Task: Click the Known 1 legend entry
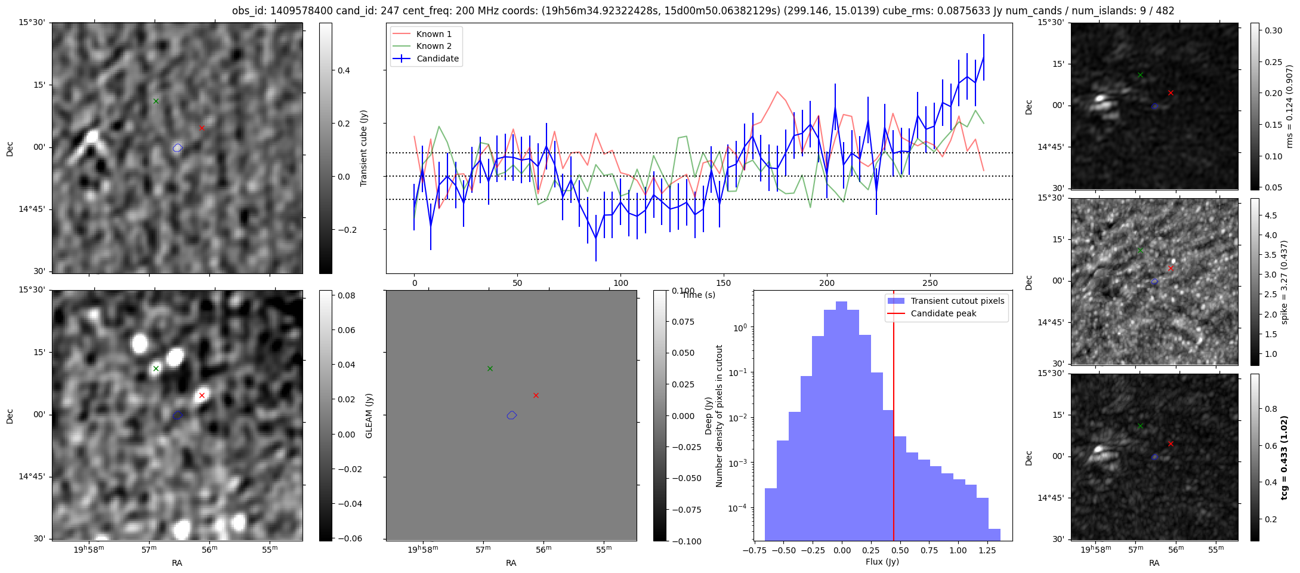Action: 433,34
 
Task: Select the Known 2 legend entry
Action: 433,46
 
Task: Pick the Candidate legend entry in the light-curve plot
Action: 437,58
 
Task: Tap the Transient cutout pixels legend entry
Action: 957,301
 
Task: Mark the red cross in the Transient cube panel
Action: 202,128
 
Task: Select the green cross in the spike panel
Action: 1140,250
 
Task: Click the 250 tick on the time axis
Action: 930,283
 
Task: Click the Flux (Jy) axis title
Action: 882,562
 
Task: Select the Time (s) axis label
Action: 699,295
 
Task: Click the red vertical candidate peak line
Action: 893,418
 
